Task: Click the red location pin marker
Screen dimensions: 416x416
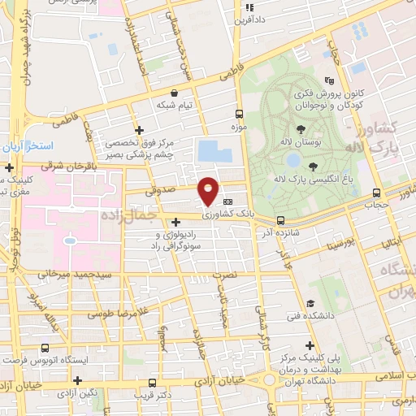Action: [x=209, y=190]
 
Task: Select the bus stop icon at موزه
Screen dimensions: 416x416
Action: [x=239, y=115]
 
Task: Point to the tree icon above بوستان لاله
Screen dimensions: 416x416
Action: [x=301, y=129]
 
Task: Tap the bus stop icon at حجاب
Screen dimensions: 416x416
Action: [x=375, y=193]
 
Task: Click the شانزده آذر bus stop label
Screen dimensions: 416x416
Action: [x=279, y=232]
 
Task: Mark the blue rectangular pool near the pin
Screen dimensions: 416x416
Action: [x=209, y=151]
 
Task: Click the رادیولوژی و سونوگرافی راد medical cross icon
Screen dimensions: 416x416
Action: [x=176, y=221]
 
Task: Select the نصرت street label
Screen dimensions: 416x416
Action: [x=224, y=275]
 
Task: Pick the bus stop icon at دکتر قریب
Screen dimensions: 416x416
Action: [x=152, y=382]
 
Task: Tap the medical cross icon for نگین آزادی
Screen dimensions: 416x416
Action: [x=78, y=380]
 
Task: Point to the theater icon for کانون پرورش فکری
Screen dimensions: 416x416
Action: [x=328, y=80]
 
